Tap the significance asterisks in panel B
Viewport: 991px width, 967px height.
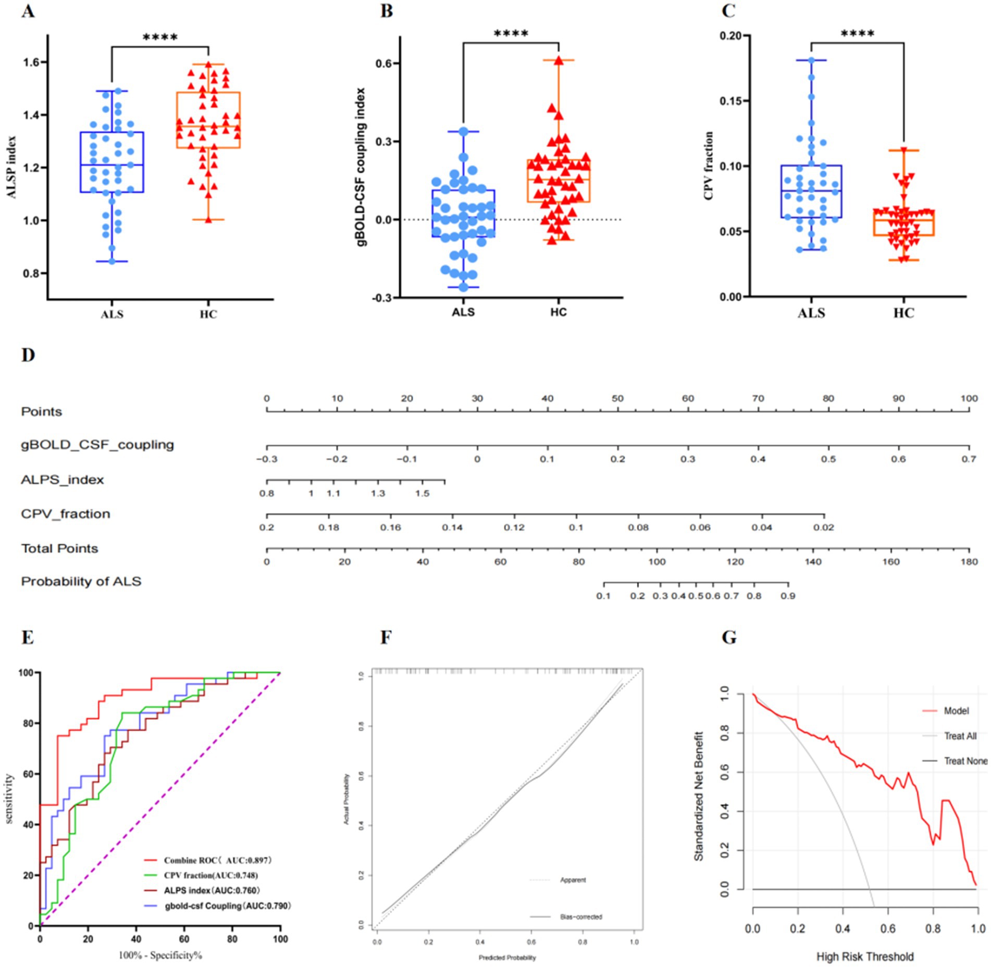[x=511, y=34]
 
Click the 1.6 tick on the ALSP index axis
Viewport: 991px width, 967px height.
[x=31, y=62]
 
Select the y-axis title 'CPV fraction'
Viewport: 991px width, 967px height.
[x=709, y=166]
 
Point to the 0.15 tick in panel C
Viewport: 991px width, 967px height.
[x=731, y=101]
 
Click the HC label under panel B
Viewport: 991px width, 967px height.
[x=558, y=312]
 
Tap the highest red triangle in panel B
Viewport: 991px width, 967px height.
[x=559, y=60]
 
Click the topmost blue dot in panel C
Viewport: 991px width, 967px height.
[x=811, y=60]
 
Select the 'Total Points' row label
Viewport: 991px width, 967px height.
[x=59, y=548]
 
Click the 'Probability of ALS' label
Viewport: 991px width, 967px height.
[x=81, y=582]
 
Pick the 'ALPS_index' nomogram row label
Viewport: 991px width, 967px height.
[x=62, y=480]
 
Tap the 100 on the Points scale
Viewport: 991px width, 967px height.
[x=969, y=398]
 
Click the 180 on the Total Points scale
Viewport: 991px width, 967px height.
[x=969, y=562]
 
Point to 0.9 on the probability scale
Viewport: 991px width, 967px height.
[x=787, y=596]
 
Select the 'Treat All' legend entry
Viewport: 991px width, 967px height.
[x=960, y=736]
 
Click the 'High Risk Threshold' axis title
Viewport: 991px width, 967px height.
[x=864, y=957]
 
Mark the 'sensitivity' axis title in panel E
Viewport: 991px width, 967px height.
[x=9, y=799]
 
